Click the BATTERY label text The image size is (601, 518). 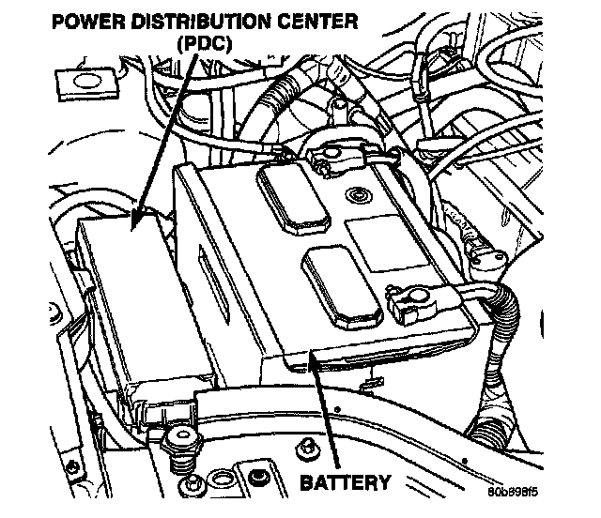(345, 484)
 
